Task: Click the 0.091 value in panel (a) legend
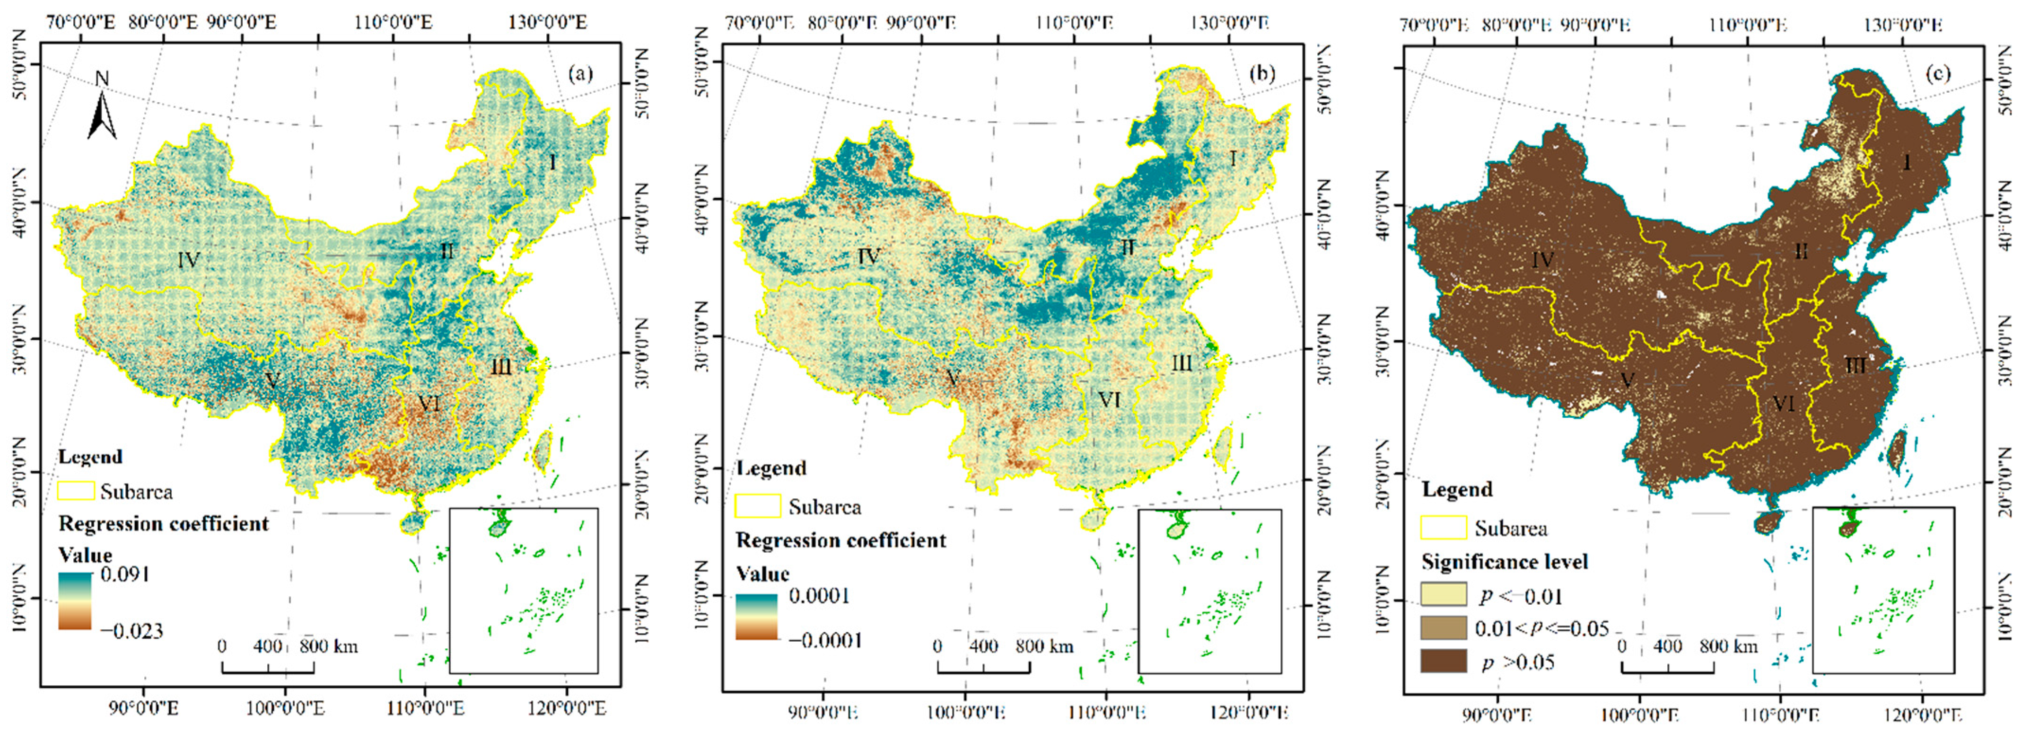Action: [x=125, y=574]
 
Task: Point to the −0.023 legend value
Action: [x=131, y=631]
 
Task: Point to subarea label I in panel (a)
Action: [x=552, y=163]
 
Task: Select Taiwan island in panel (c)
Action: [x=1897, y=449]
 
